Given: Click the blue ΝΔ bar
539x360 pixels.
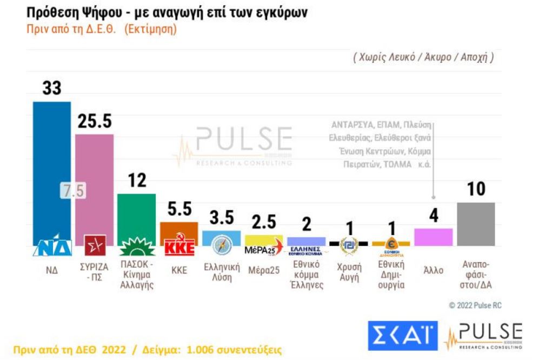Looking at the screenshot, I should [x=52, y=168].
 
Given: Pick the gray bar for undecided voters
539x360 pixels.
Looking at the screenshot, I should [x=476, y=224].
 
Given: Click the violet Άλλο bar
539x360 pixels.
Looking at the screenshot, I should [x=433, y=237].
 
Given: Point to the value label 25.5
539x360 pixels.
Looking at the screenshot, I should [x=94, y=122].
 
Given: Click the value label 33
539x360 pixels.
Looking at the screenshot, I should [x=52, y=89].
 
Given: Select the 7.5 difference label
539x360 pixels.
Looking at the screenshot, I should [x=72, y=191].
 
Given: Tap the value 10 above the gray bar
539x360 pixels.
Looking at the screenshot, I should [x=476, y=189].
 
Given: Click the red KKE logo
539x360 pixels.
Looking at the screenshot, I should [x=178, y=246].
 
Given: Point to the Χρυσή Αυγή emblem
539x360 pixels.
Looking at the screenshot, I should [x=349, y=246].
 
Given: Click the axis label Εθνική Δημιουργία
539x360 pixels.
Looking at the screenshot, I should [x=391, y=275].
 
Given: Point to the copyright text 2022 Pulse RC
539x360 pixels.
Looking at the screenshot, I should [x=475, y=305].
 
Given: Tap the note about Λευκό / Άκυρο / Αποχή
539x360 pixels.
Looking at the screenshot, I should [x=423, y=57].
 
